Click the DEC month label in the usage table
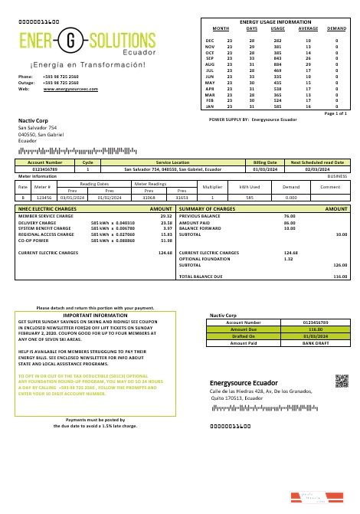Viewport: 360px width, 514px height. (210, 39)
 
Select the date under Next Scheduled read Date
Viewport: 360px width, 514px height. (316, 169)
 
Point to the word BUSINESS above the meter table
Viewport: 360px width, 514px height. (337, 175)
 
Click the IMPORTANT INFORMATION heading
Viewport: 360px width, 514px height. (95, 315)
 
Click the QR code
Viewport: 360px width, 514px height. (341, 381)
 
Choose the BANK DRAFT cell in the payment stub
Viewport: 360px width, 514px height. (315, 343)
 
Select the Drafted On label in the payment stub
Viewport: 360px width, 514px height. (243, 336)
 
